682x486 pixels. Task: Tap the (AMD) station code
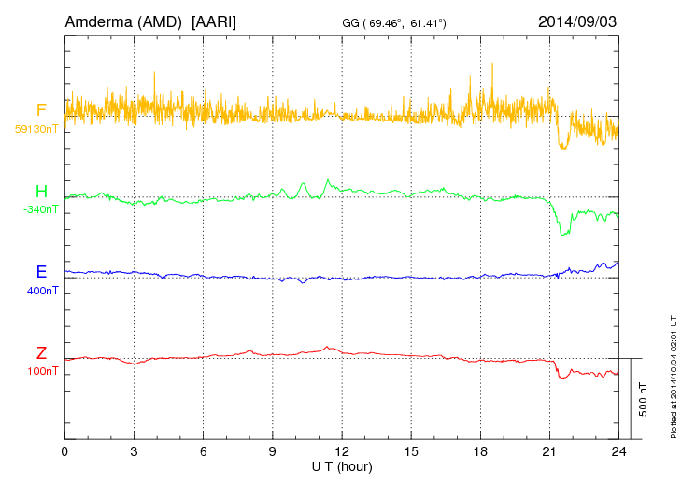(159, 21)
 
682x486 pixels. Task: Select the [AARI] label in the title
(213, 21)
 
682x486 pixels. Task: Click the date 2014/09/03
(577, 21)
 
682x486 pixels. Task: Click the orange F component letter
(41, 111)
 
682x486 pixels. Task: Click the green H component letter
(41, 193)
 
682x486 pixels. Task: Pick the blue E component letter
(41, 273)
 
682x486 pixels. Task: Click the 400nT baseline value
(43, 291)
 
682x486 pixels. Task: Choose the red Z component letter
(41, 353)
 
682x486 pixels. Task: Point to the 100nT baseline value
(43, 371)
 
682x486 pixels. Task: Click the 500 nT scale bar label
(643, 399)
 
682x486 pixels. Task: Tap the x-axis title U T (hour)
(342, 465)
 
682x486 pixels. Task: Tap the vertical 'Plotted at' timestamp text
(674, 374)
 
